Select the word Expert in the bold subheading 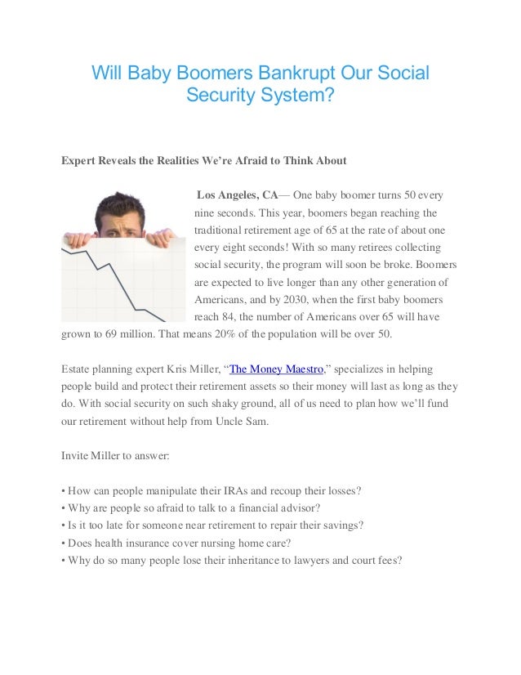click(x=80, y=161)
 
